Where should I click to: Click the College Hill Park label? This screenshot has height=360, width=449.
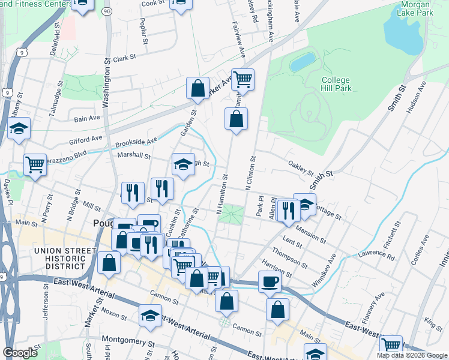pyautogui.click(x=336, y=83)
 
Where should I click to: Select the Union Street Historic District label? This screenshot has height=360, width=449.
pyautogui.click(x=65, y=258)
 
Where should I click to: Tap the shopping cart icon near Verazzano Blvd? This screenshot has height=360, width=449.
pyautogui.click(x=35, y=163)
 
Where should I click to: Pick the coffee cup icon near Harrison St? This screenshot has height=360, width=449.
pyautogui.click(x=270, y=281)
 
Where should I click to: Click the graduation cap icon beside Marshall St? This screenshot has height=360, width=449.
pyautogui.click(x=183, y=164)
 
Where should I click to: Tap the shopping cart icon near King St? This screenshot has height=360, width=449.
pyautogui.click(x=391, y=345)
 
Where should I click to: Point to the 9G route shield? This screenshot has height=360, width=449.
pyautogui.click(x=107, y=11)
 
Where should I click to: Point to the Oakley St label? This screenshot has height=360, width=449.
pyautogui.click(x=301, y=167)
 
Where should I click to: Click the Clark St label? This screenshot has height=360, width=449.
pyautogui.click(x=125, y=58)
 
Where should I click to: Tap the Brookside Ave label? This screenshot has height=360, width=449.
pyautogui.click(x=136, y=143)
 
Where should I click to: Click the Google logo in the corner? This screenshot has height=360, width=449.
pyautogui.click(x=20, y=353)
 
